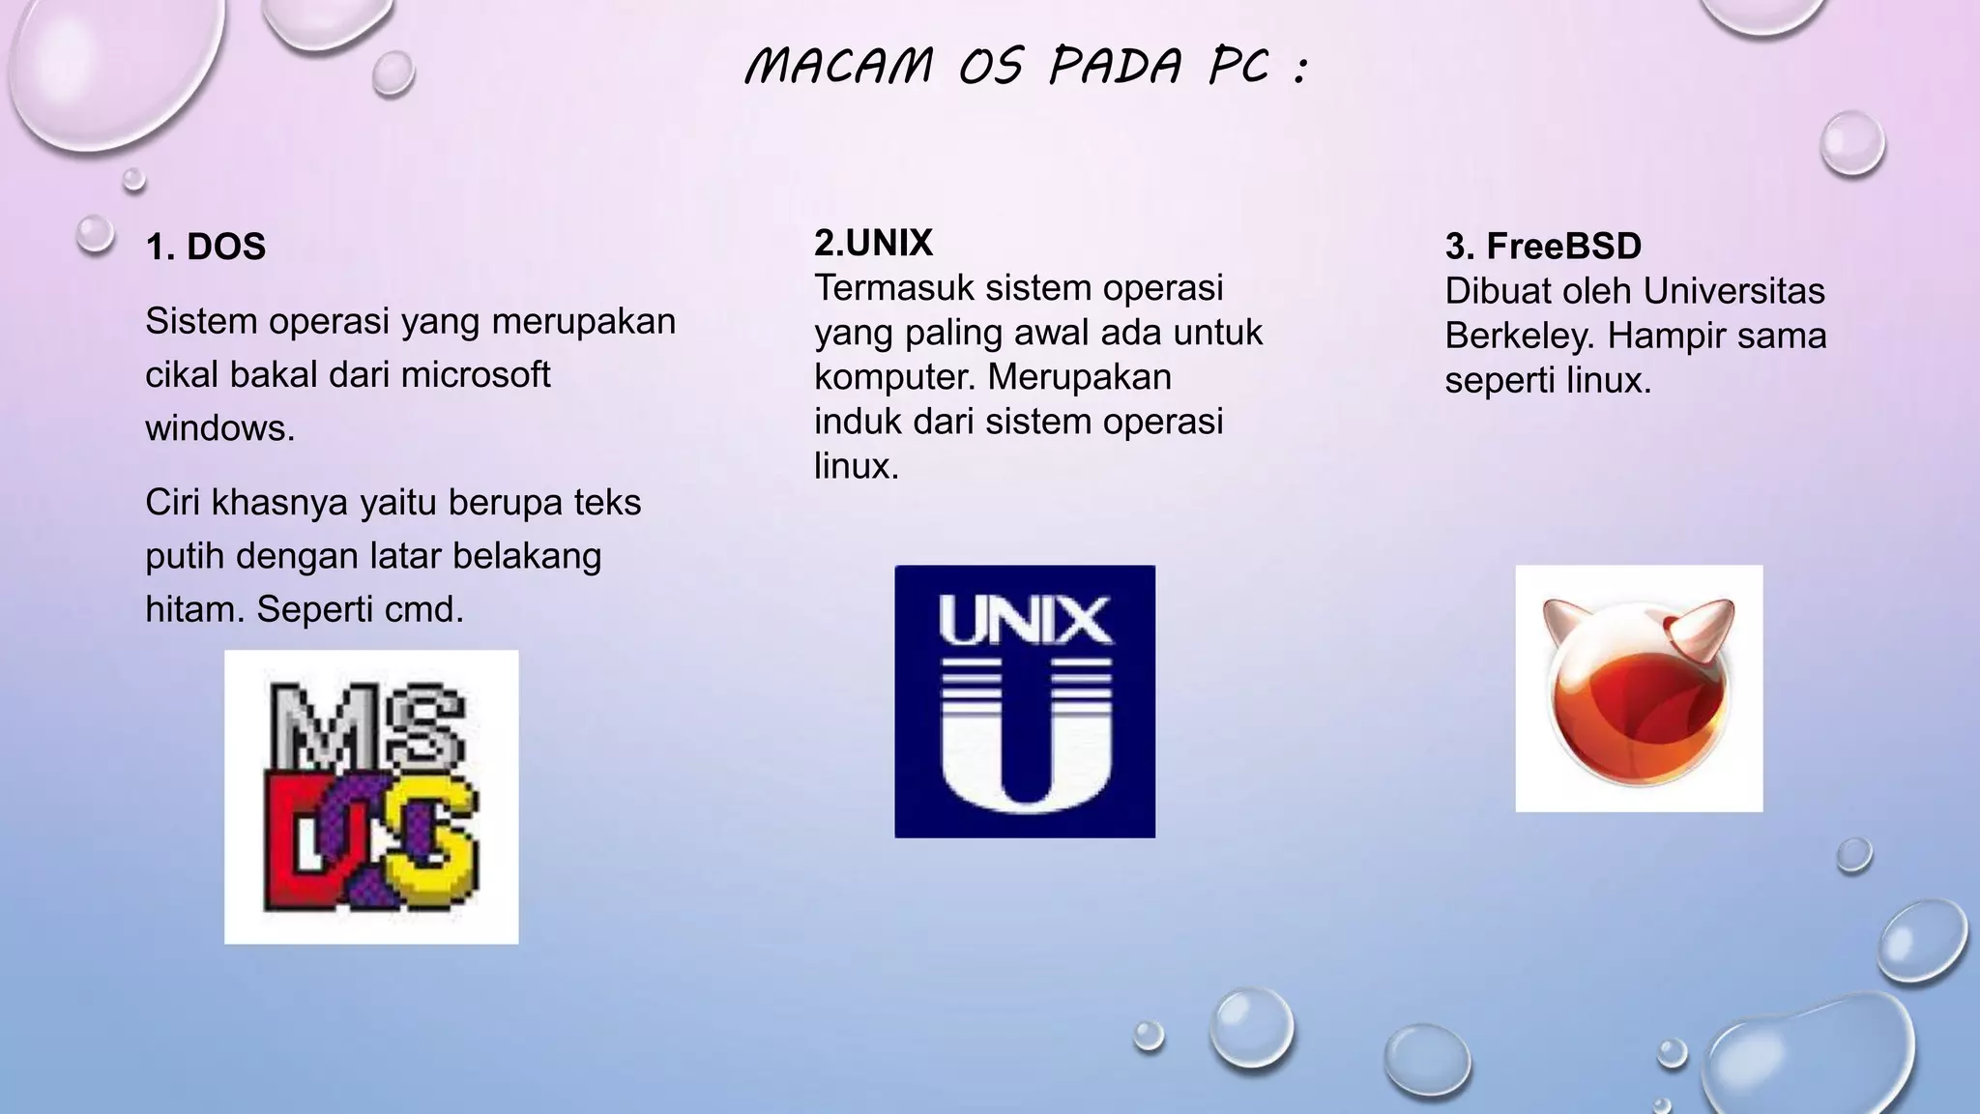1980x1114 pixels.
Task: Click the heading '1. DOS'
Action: click(205, 247)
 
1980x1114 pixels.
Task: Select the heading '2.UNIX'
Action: click(873, 243)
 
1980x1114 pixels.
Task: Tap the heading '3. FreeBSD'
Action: click(1543, 247)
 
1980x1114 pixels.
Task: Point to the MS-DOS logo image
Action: click(371, 797)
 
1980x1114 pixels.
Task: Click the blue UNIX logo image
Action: click(1025, 701)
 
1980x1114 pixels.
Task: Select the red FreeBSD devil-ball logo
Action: click(1639, 689)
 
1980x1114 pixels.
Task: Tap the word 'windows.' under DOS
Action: click(219, 427)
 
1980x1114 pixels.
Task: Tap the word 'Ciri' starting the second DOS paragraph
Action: click(173, 503)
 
